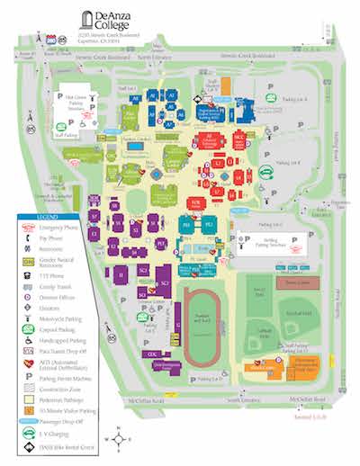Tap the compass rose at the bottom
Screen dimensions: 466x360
[119, 439]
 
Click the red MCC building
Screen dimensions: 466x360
[239, 139]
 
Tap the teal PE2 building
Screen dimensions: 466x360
[209, 223]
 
